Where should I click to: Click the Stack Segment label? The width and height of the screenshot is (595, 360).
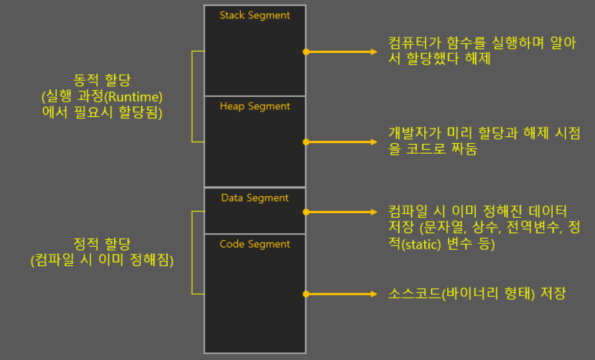click(x=255, y=15)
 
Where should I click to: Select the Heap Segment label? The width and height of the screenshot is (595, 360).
click(x=255, y=106)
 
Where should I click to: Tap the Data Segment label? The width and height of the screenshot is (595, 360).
click(x=255, y=198)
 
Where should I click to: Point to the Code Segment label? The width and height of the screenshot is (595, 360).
click(x=255, y=244)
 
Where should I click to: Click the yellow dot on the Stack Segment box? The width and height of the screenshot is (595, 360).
click(x=306, y=52)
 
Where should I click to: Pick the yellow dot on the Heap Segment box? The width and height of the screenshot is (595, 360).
click(x=306, y=142)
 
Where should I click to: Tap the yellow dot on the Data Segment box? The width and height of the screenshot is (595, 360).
click(x=306, y=212)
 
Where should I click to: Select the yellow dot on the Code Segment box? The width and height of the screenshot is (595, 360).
click(x=306, y=293)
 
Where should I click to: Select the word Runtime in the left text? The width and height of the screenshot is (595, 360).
click(x=139, y=95)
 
